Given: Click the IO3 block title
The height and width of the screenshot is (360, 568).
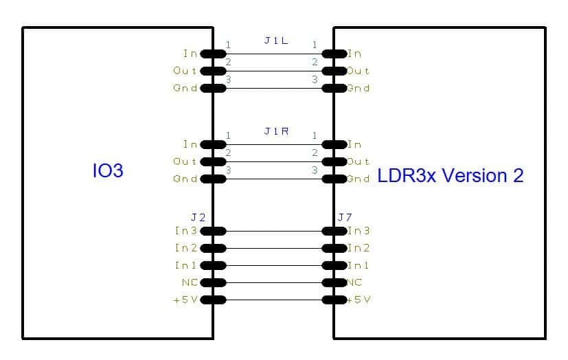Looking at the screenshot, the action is click(x=108, y=170).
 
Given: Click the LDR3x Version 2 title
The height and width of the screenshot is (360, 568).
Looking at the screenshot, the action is click(x=451, y=176).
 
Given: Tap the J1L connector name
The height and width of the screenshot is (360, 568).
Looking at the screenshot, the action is click(x=276, y=41).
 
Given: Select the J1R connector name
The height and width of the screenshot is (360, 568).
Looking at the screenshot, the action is click(x=276, y=131).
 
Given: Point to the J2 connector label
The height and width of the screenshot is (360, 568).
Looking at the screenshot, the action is click(x=198, y=217).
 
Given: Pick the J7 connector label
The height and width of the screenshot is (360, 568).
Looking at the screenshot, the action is click(x=345, y=217).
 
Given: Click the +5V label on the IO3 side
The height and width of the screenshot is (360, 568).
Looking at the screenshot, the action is click(x=185, y=300).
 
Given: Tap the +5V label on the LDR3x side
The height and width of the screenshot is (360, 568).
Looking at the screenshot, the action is click(x=359, y=300).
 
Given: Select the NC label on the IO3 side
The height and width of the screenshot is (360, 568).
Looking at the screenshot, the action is click(x=190, y=282).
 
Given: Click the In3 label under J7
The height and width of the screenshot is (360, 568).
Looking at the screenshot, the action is click(x=359, y=231).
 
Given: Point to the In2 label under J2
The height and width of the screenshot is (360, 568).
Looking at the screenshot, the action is click(x=186, y=248).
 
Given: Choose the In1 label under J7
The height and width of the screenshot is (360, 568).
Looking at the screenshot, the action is click(x=359, y=265).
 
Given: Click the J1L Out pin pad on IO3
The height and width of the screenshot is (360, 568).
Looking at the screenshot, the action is click(x=213, y=71).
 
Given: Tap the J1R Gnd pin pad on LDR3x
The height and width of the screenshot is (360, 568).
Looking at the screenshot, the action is click(x=334, y=179).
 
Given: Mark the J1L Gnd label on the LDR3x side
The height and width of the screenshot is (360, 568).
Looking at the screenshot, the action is click(x=359, y=89).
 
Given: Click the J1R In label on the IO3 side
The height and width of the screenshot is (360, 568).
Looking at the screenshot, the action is click(x=190, y=144).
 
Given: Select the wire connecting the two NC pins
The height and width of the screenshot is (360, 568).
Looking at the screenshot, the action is click(x=274, y=282).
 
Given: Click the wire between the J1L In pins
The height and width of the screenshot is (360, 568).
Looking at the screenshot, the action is click(x=274, y=54).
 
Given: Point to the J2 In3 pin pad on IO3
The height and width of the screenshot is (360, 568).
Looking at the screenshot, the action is click(x=213, y=231).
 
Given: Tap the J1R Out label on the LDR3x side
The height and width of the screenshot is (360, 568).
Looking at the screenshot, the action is click(x=359, y=161).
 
